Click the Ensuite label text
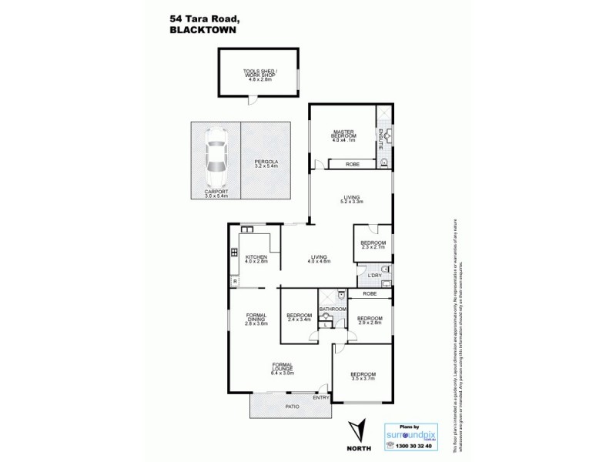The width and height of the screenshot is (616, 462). click(x=380, y=137)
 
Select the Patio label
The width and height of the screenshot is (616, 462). click(x=292, y=404)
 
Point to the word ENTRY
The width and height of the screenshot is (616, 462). click(x=319, y=397)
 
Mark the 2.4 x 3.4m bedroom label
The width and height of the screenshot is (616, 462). click(x=298, y=318)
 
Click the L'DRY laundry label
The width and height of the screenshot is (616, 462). click(x=375, y=276)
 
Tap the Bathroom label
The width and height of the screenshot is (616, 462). click(x=333, y=309)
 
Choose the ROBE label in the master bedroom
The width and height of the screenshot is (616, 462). click(x=353, y=164)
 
